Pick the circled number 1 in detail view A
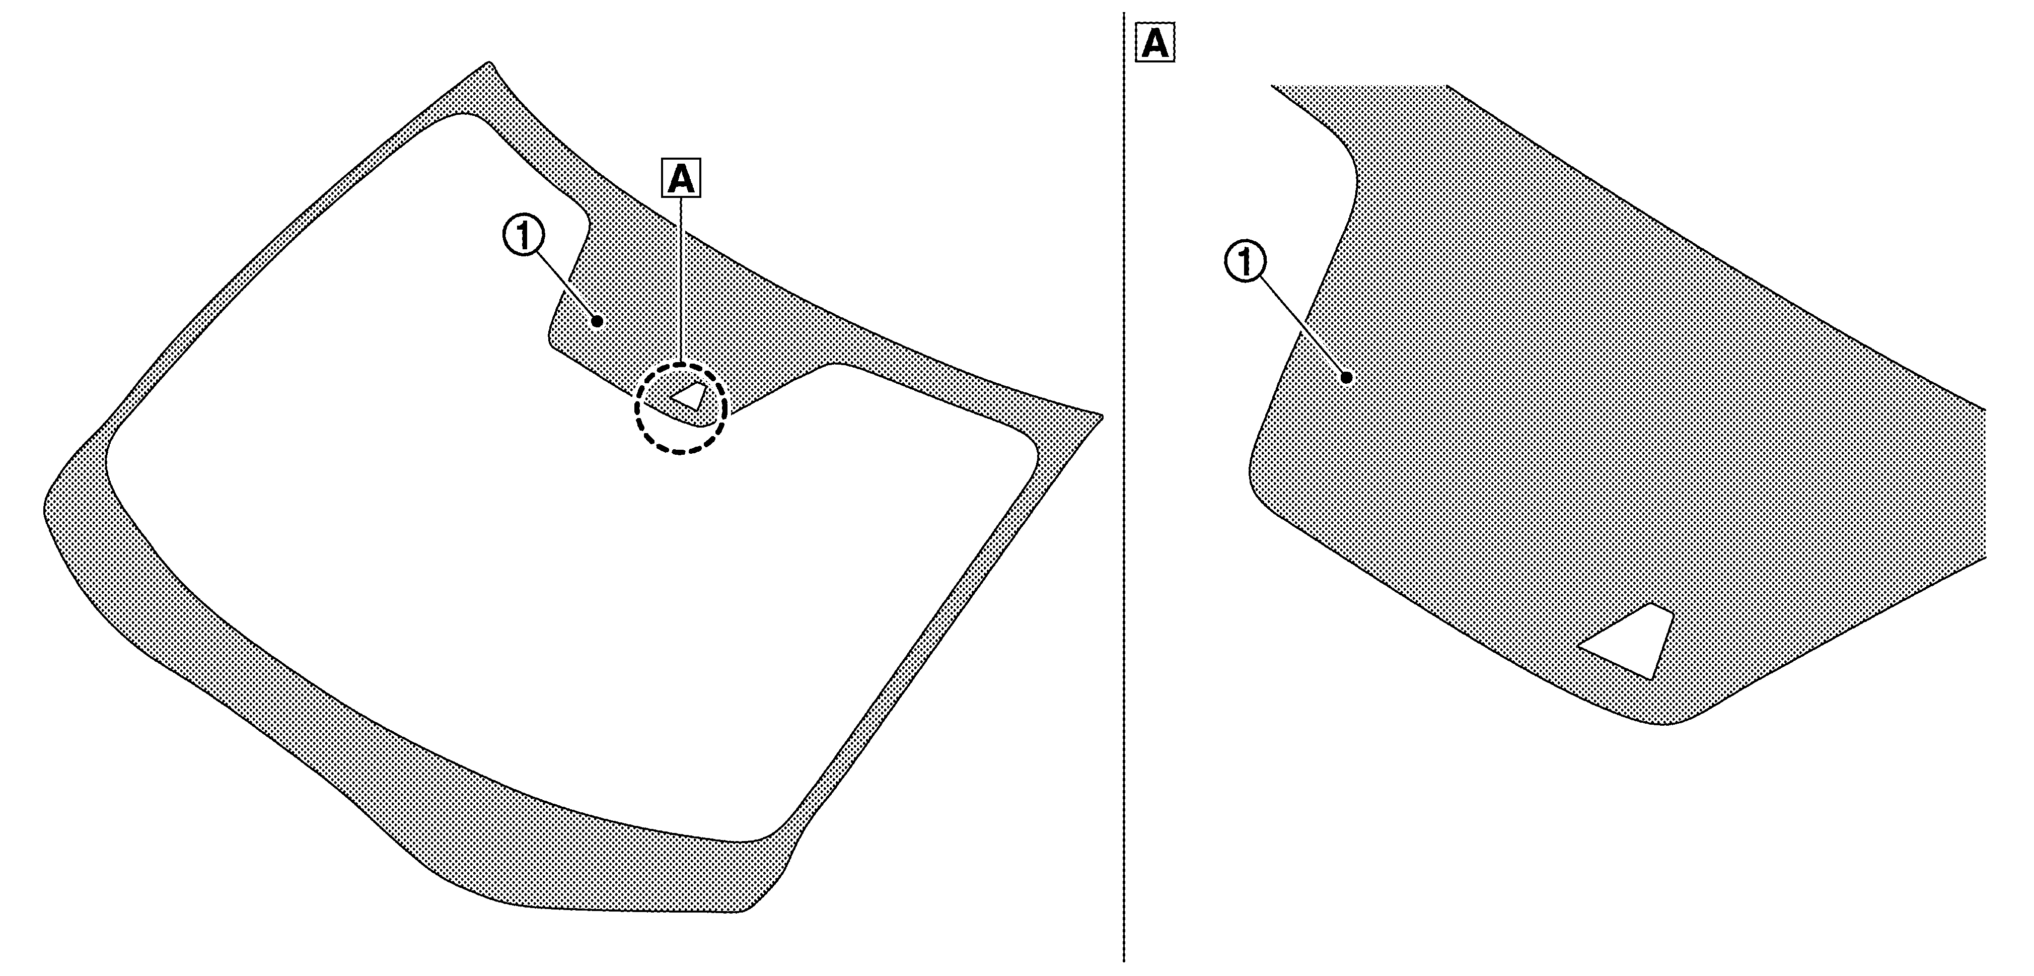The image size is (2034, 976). (x=1245, y=263)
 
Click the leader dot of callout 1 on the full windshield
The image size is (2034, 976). (x=598, y=321)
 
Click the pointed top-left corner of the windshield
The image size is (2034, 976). (x=489, y=62)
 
